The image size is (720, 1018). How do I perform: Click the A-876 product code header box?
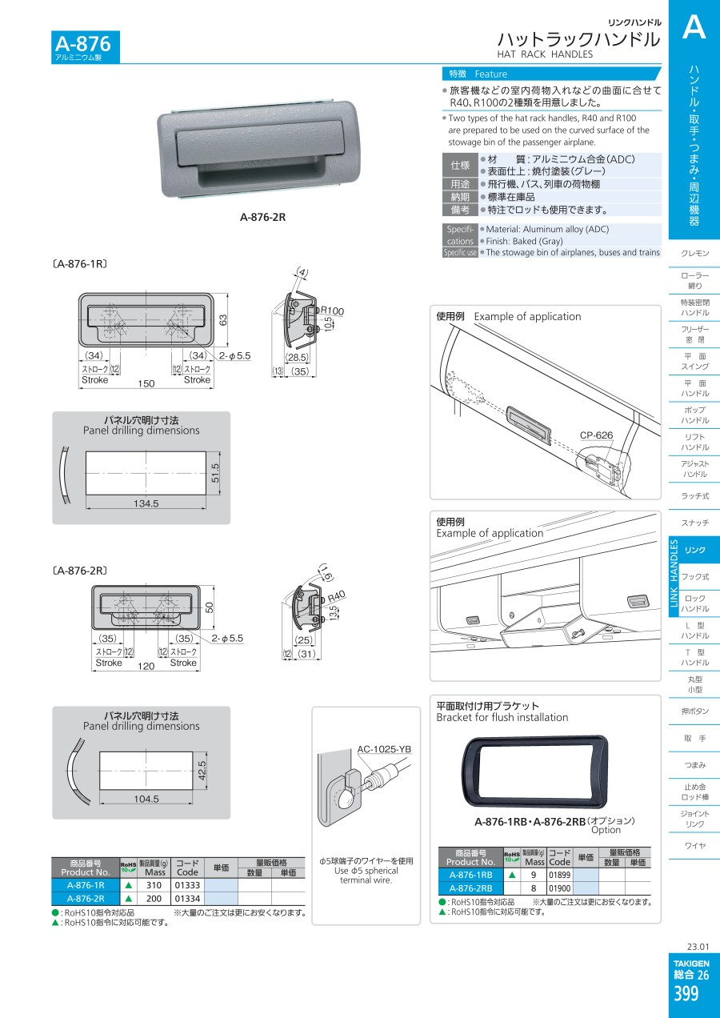(x=86, y=46)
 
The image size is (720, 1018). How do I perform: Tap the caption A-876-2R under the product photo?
(x=262, y=217)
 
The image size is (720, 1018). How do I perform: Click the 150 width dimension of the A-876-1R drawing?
(x=146, y=383)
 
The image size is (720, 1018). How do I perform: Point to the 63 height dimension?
(x=223, y=320)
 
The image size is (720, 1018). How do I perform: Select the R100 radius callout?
(x=332, y=311)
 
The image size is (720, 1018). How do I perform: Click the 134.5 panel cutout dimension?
(x=146, y=503)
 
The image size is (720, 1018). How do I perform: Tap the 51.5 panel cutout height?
(x=215, y=473)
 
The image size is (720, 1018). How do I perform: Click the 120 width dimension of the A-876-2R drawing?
(x=146, y=666)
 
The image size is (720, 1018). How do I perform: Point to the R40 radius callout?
(x=337, y=596)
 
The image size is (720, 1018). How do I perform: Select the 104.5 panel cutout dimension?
(x=146, y=799)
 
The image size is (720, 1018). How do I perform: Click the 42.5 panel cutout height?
(x=202, y=771)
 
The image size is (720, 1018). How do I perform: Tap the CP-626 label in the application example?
(x=597, y=435)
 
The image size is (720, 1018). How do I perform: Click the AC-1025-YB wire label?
(x=384, y=749)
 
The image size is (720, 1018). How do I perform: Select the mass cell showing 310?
(x=154, y=886)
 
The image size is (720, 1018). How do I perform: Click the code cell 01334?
(x=188, y=899)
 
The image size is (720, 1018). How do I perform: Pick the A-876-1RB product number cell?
(x=470, y=875)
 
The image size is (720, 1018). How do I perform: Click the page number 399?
(x=686, y=994)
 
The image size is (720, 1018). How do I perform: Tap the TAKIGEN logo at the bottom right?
(x=691, y=964)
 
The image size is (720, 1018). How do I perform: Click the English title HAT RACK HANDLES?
(x=545, y=54)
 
